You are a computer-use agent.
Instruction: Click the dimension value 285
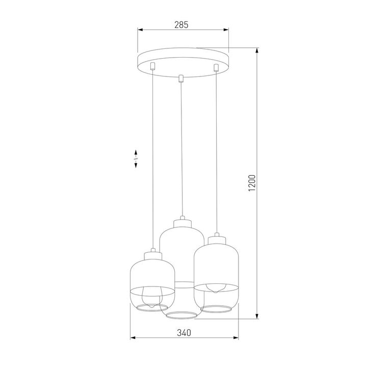click(182, 24)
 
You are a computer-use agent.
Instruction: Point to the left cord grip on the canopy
click(151, 65)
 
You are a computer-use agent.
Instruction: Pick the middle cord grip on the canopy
click(180, 78)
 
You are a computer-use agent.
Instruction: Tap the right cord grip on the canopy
click(216, 67)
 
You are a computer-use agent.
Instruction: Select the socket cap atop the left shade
click(152, 253)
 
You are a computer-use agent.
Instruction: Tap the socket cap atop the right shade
click(217, 237)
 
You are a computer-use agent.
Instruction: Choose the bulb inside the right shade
click(216, 287)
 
